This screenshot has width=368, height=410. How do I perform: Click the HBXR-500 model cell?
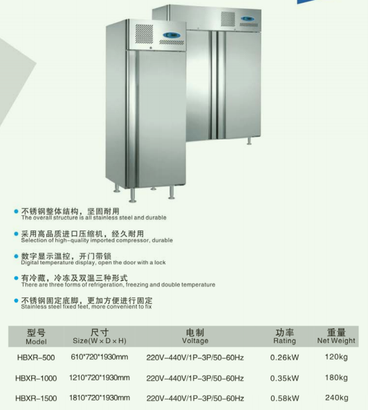click(x=36, y=358)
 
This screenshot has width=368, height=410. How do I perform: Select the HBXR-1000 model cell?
click(x=36, y=378)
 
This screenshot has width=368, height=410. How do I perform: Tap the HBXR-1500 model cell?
click(x=36, y=398)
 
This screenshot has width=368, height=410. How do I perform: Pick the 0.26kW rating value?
click(x=284, y=358)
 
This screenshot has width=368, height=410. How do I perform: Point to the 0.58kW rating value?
click(x=284, y=398)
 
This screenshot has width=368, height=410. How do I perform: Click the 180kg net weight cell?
click(x=336, y=378)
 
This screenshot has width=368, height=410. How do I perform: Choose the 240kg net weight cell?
click(x=336, y=398)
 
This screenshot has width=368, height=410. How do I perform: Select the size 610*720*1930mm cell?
click(x=100, y=357)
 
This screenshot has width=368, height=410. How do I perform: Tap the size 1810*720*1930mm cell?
click(x=100, y=398)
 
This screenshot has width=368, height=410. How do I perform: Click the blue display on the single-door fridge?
click(x=172, y=35)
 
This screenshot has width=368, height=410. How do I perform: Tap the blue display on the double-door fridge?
click(x=248, y=19)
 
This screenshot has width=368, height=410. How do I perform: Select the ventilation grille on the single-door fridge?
click(x=144, y=34)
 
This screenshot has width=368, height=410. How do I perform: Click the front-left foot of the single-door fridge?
click(x=133, y=195)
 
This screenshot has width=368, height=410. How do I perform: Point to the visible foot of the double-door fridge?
click(x=249, y=141)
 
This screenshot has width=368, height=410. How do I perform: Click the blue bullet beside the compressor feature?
click(x=16, y=234)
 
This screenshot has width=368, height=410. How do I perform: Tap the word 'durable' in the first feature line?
click(x=156, y=217)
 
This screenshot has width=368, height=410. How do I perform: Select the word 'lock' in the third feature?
click(x=160, y=262)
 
